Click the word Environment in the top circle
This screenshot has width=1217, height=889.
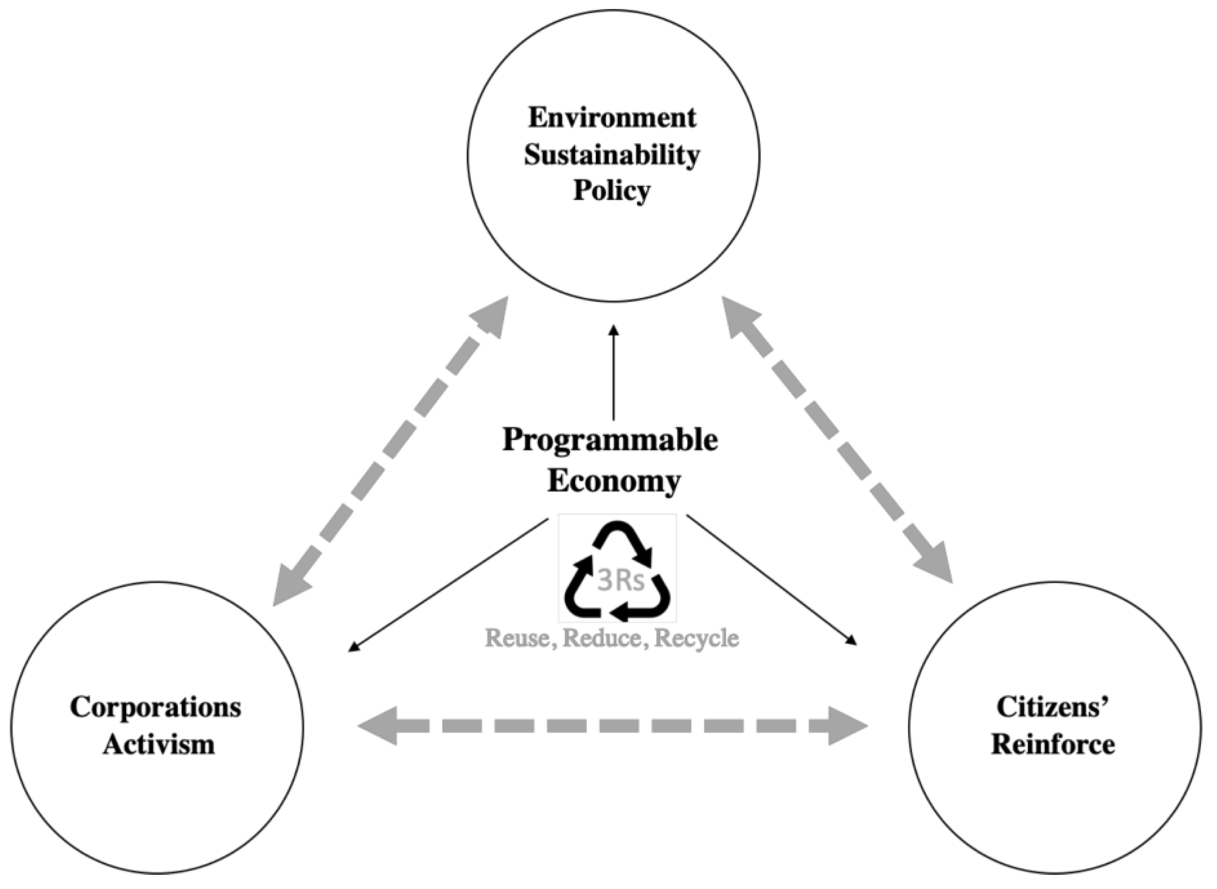pyautogui.click(x=612, y=117)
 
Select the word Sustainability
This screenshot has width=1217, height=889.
pyautogui.click(x=612, y=155)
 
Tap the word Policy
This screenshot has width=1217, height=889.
pyautogui.click(x=612, y=191)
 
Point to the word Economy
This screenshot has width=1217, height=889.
pyautogui.click(x=614, y=480)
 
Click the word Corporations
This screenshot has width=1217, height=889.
pyautogui.click(x=156, y=707)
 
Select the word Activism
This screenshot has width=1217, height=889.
pyautogui.click(x=159, y=745)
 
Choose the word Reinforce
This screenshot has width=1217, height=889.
pyautogui.click(x=1053, y=745)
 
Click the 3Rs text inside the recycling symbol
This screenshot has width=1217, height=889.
pyautogui.click(x=620, y=582)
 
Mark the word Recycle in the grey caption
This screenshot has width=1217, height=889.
pyautogui.click(x=697, y=638)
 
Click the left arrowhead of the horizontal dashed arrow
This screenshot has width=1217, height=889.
pyautogui.click(x=380, y=726)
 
